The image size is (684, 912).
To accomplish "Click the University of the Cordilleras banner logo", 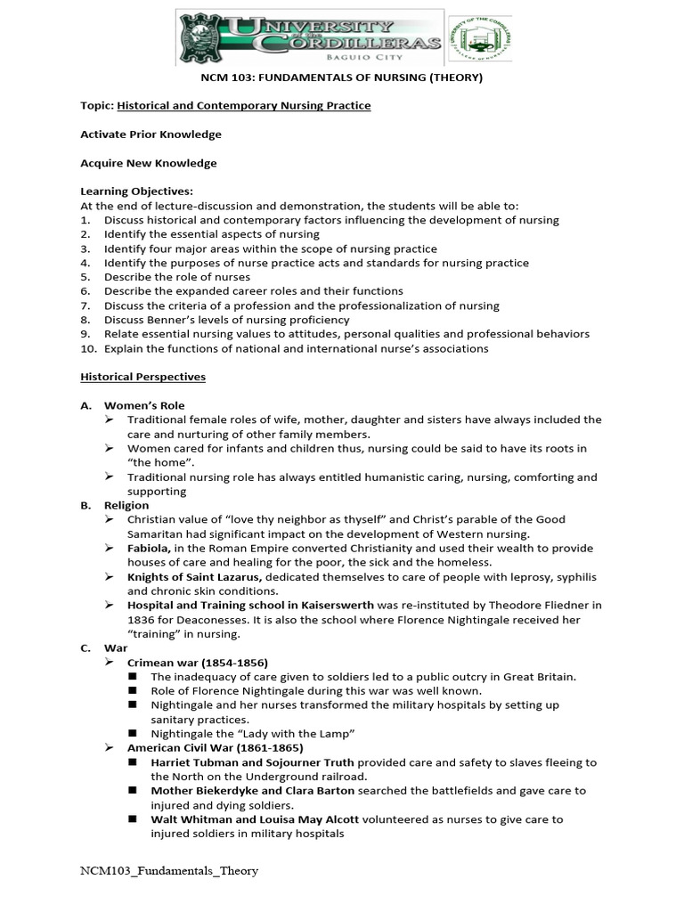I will coord(311,39).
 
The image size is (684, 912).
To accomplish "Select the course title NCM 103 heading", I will coord(341,77).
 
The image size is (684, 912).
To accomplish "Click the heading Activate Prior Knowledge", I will coord(151,134).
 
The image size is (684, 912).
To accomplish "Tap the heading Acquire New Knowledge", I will coord(148,163).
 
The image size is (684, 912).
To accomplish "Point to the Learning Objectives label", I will coord(136,191).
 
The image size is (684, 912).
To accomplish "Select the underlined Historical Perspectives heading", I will coord(142,377).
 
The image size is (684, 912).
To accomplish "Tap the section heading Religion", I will coord(126,505).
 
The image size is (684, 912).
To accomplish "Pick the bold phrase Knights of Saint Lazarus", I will coord(194,576).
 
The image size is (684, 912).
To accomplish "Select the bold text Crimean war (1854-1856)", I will coord(197,662).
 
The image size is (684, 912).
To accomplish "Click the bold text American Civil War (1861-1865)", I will coord(215,747).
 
